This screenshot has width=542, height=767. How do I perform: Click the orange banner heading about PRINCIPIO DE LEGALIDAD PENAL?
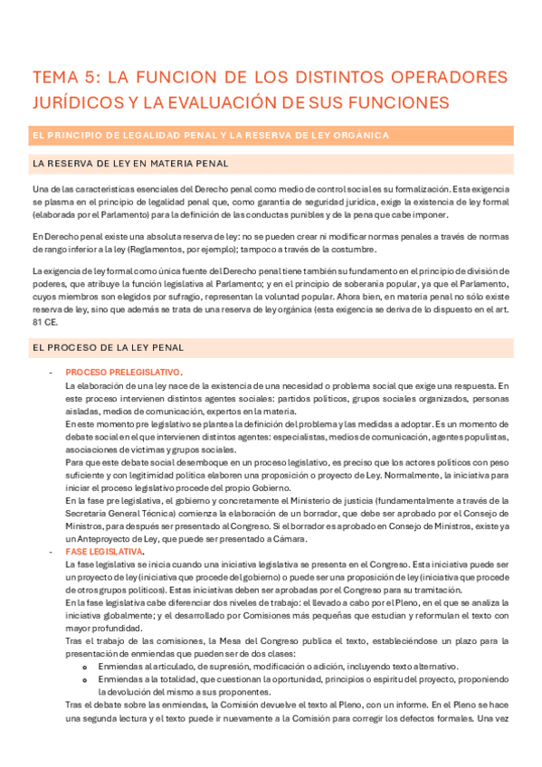(210, 136)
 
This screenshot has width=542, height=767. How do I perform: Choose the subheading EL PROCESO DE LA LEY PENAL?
(108, 346)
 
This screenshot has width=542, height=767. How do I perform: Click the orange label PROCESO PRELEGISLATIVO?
(123, 373)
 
